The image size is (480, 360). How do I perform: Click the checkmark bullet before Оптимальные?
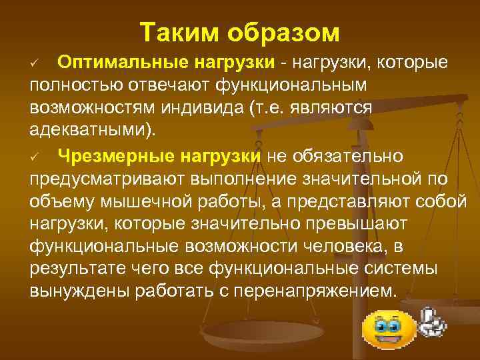(37, 63)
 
